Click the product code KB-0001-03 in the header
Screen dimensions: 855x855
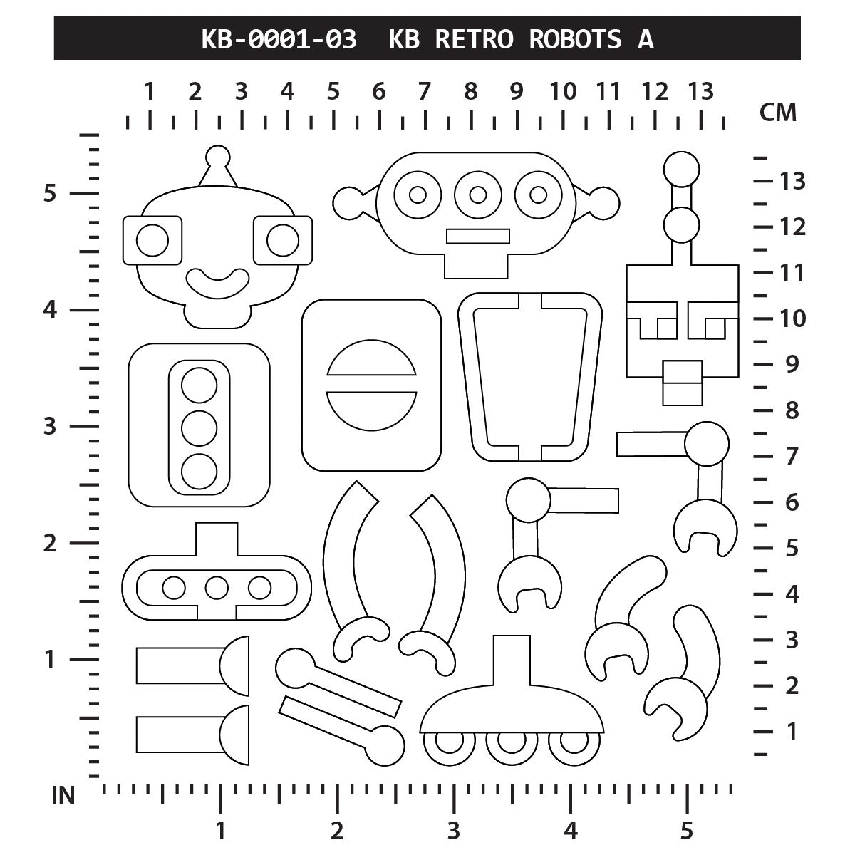(x=279, y=39)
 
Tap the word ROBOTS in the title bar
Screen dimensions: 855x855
(x=574, y=39)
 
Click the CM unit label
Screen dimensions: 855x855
(x=778, y=112)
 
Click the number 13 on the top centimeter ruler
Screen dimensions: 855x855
(x=700, y=91)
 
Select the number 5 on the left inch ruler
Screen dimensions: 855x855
(x=49, y=193)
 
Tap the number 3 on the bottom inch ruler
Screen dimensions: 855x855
(x=453, y=831)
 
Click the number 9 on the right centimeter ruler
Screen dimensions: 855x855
(x=791, y=364)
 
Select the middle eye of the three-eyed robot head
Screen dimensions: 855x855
(x=478, y=195)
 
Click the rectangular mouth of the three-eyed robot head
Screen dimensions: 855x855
(x=478, y=236)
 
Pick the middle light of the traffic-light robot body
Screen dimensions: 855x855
(x=199, y=427)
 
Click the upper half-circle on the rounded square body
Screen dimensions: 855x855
(x=371, y=358)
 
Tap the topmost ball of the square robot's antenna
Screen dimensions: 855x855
(x=681, y=169)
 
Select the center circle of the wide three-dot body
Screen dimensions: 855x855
(x=217, y=588)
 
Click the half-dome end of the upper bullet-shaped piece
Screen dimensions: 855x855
(x=236, y=665)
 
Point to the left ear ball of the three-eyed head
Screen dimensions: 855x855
(x=348, y=202)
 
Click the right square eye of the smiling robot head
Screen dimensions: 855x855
(x=282, y=240)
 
